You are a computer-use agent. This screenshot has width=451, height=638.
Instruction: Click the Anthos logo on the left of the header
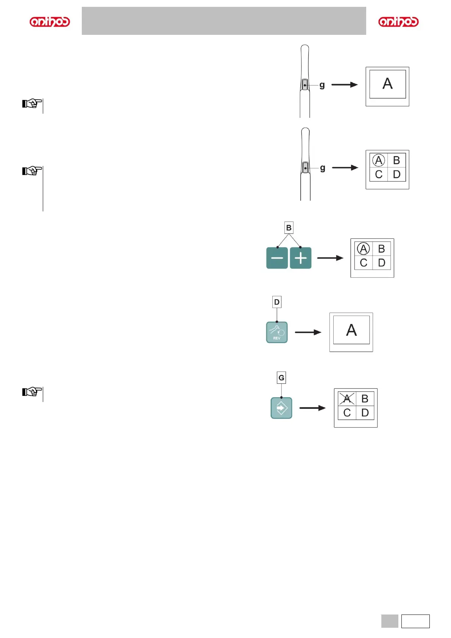(x=50, y=22)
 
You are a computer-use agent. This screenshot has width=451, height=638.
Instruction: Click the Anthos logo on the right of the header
(x=398, y=22)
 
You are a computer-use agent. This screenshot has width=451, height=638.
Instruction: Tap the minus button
(x=277, y=258)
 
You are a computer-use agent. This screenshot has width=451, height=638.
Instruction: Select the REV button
(x=277, y=332)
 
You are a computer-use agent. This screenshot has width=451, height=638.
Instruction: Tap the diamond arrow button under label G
(x=281, y=408)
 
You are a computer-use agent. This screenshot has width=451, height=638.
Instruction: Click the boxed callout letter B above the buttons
(x=289, y=228)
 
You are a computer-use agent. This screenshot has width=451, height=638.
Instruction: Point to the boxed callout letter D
(x=277, y=302)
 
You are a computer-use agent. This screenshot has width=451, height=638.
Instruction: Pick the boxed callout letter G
(x=281, y=378)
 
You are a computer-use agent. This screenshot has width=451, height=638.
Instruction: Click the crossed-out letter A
(x=347, y=399)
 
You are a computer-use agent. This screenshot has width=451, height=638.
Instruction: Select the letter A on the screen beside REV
(x=351, y=330)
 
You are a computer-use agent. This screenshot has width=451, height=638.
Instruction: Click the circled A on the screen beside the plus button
(x=364, y=249)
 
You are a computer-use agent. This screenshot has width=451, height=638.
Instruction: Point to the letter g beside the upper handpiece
(x=322, y=85)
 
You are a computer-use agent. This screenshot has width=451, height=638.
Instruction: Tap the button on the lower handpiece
(x=305, y=167)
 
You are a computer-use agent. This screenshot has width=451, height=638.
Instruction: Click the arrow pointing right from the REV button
(x=308, y=332)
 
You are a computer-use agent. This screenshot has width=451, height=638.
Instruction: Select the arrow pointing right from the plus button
(x=330, y=258)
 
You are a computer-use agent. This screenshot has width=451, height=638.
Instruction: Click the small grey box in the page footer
(x=390, y=621)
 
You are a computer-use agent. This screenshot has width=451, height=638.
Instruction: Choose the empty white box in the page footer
(x=415, y=621)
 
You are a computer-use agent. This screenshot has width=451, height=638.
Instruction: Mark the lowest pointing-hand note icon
(x=32, y=391)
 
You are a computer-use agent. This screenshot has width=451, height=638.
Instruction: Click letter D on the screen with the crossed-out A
(x=365, y=413)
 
